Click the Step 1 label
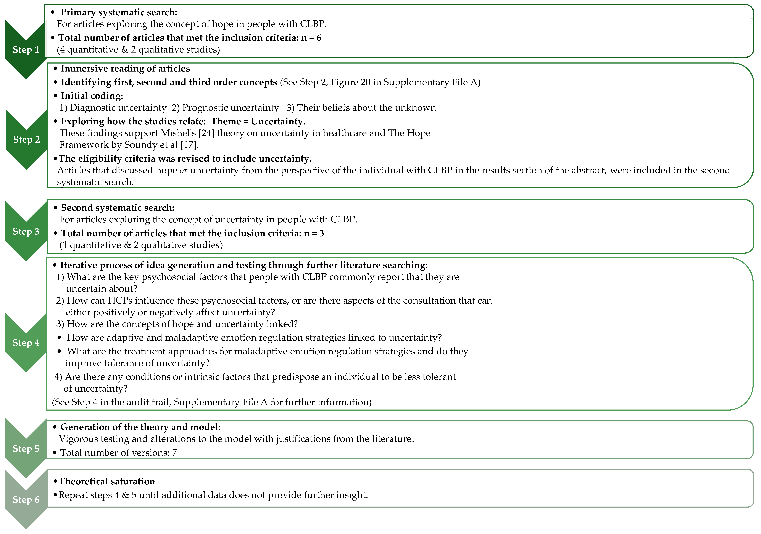click(x=26, y=50)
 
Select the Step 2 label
click(x=26, y=139)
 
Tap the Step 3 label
click(x=26, y=231)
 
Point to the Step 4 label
click(x=26, y=343)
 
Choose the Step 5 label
click(x=26, y=449)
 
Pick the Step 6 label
click(x=26, y=500)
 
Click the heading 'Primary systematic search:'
click(x=119, y=12)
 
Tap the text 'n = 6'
click(x=311, y=38)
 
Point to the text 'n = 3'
click(x=314, y=233)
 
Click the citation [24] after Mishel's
click(x=206, y=133)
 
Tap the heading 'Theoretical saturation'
click(x=107, y=481)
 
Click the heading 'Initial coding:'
click(x=92, y=96)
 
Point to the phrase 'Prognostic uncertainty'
click(x=230, y=108)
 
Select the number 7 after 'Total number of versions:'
click(x=174, y=453)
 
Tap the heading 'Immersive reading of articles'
click(x=125, y=69)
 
